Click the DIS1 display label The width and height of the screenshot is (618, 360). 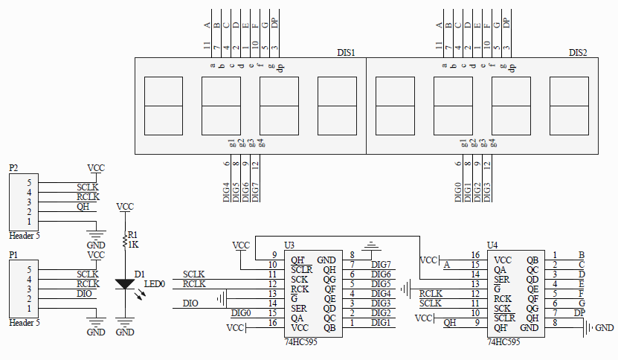(346, 53)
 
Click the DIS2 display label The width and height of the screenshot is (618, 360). (578, 53)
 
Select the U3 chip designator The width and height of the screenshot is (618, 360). (289, 245)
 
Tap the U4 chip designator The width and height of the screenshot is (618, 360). (492, 245)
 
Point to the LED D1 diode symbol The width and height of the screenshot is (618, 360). (126, 284)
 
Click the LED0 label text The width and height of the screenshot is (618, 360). (154, 284)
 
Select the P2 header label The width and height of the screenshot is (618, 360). (13, 168)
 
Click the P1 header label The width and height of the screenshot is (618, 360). (13, 255)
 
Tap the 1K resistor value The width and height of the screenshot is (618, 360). (134, 244)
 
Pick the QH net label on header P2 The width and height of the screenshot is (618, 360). (83, 207)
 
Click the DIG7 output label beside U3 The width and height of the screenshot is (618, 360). (381, 265)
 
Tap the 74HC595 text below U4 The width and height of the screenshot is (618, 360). (503, 342)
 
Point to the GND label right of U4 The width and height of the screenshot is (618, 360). (605, 328)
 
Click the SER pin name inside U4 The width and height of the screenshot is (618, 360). (502, 279)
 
